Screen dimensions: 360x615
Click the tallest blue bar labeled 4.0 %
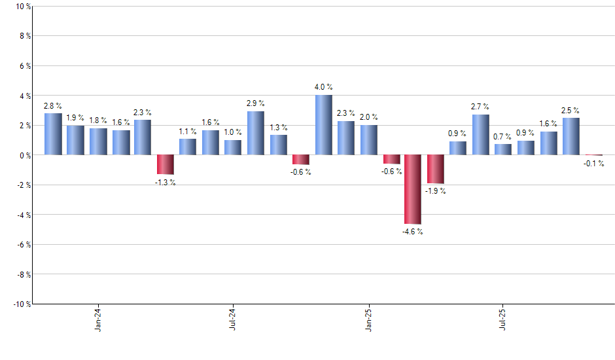pyautogui.click(x=323, y=125)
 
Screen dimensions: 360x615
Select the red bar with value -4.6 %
pyautogui.click(x=413, y=189)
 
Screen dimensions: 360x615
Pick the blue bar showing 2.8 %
pyautogui.click(x=53, y=134)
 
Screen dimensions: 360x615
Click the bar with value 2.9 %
pyautogui.click(x=256, y=133)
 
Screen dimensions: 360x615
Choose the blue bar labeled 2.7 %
pyautogui.click(x=481, y=135)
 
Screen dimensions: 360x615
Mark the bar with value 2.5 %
pyautogui.click(x=571, y=136)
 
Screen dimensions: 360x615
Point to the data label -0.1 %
pyautogui.click(x=594, y=164)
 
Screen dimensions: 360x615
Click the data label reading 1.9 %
pyautogui.click(x=75, y=118)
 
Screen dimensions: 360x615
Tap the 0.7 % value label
pyautogui.click(x=503, y=136)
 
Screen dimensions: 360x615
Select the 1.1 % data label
pyautogui.click(x=188, y=131)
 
